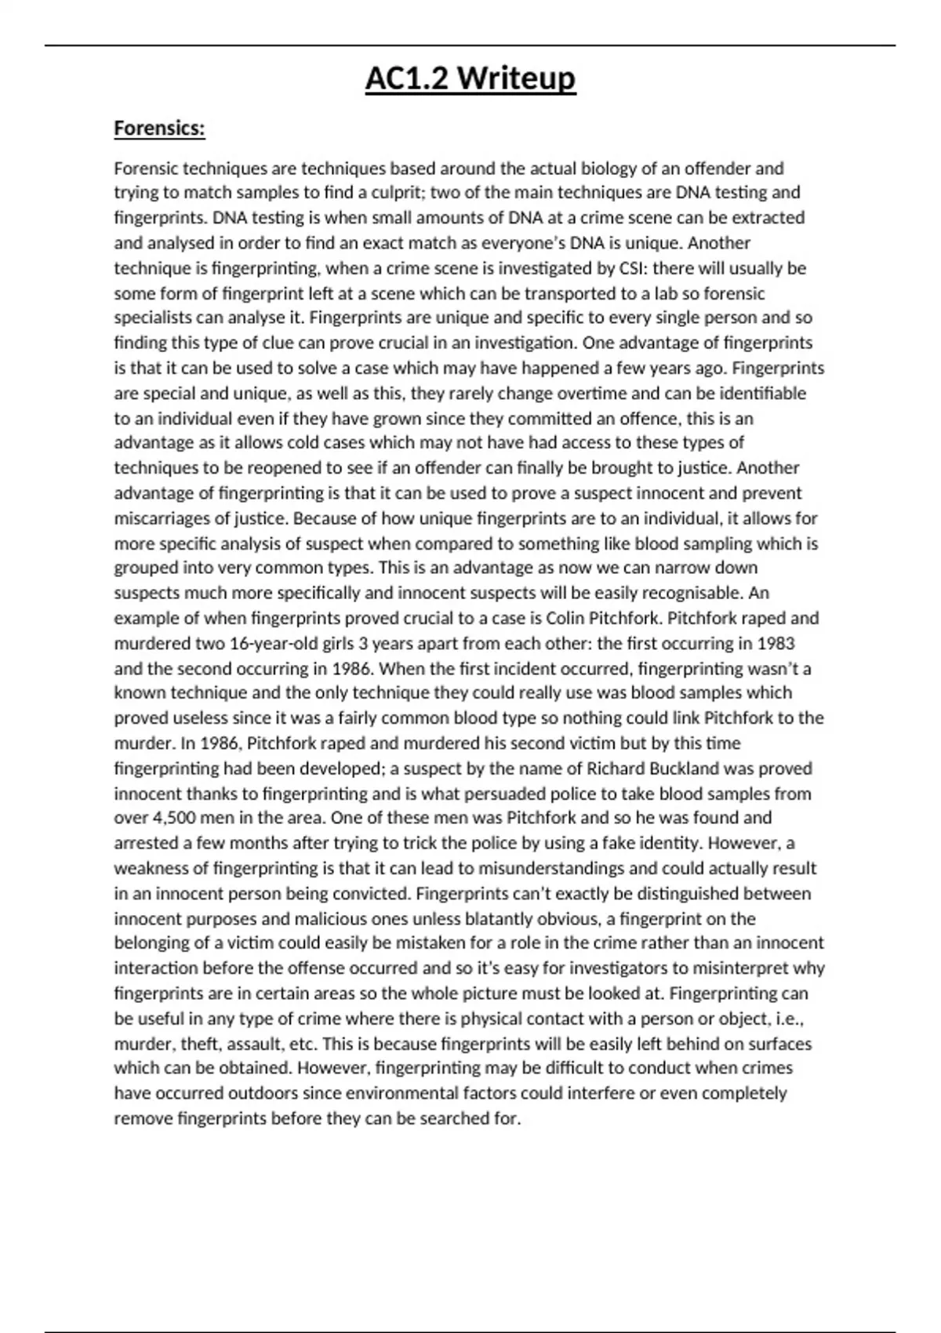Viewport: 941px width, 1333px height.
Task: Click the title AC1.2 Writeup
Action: pos(470,79)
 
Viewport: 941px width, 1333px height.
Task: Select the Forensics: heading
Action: pos(159,128)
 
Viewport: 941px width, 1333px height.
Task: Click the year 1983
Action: pos(776,643)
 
